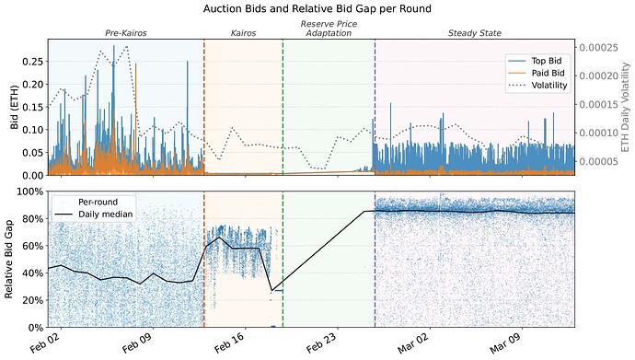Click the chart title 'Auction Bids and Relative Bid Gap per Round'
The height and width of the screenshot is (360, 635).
(x=317, y=8)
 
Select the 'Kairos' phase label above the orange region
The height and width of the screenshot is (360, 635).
(x=243, y=33)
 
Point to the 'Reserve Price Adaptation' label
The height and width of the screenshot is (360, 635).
(x=328, y=28)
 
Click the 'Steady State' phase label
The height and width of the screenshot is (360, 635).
(x=474, y=33)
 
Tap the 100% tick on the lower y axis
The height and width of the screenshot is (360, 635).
(x=28, y=192)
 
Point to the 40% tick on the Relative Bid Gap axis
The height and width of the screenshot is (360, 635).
(x=30, y=273)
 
